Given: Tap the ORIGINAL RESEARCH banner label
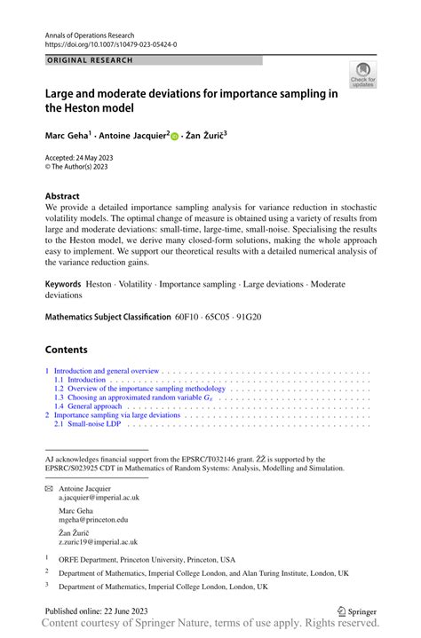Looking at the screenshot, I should (88, 60).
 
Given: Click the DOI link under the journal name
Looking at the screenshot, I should (109, 43).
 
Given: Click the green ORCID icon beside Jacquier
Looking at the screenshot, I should (175, 137).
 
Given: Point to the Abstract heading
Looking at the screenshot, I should (62, 196).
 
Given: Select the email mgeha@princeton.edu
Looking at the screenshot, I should (93, 520).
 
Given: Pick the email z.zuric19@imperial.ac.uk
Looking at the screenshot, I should (98, 541).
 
